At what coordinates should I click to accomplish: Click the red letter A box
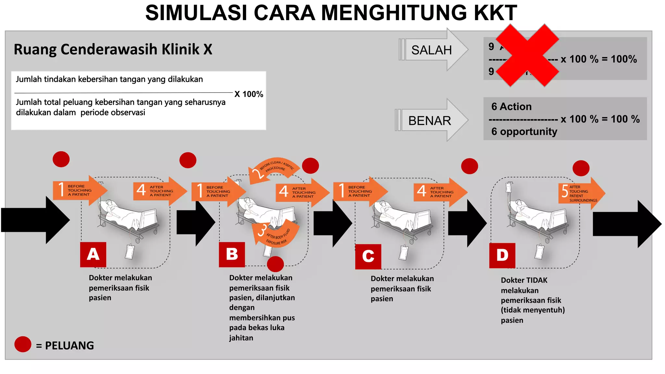point(93,255)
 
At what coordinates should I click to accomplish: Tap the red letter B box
point(232,255)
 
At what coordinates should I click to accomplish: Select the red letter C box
point(368,256)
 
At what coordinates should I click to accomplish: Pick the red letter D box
point(502,256)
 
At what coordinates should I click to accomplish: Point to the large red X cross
point(527,55)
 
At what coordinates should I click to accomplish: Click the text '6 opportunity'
point(524,131)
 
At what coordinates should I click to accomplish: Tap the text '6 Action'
point(511,106)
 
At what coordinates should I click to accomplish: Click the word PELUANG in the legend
point(69,345)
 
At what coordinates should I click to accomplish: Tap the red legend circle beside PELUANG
point(23,344)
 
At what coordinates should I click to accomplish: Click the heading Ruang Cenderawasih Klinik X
point(113,49)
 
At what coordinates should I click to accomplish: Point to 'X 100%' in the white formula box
point(249,94)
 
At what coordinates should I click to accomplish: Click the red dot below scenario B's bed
point(275,264)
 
